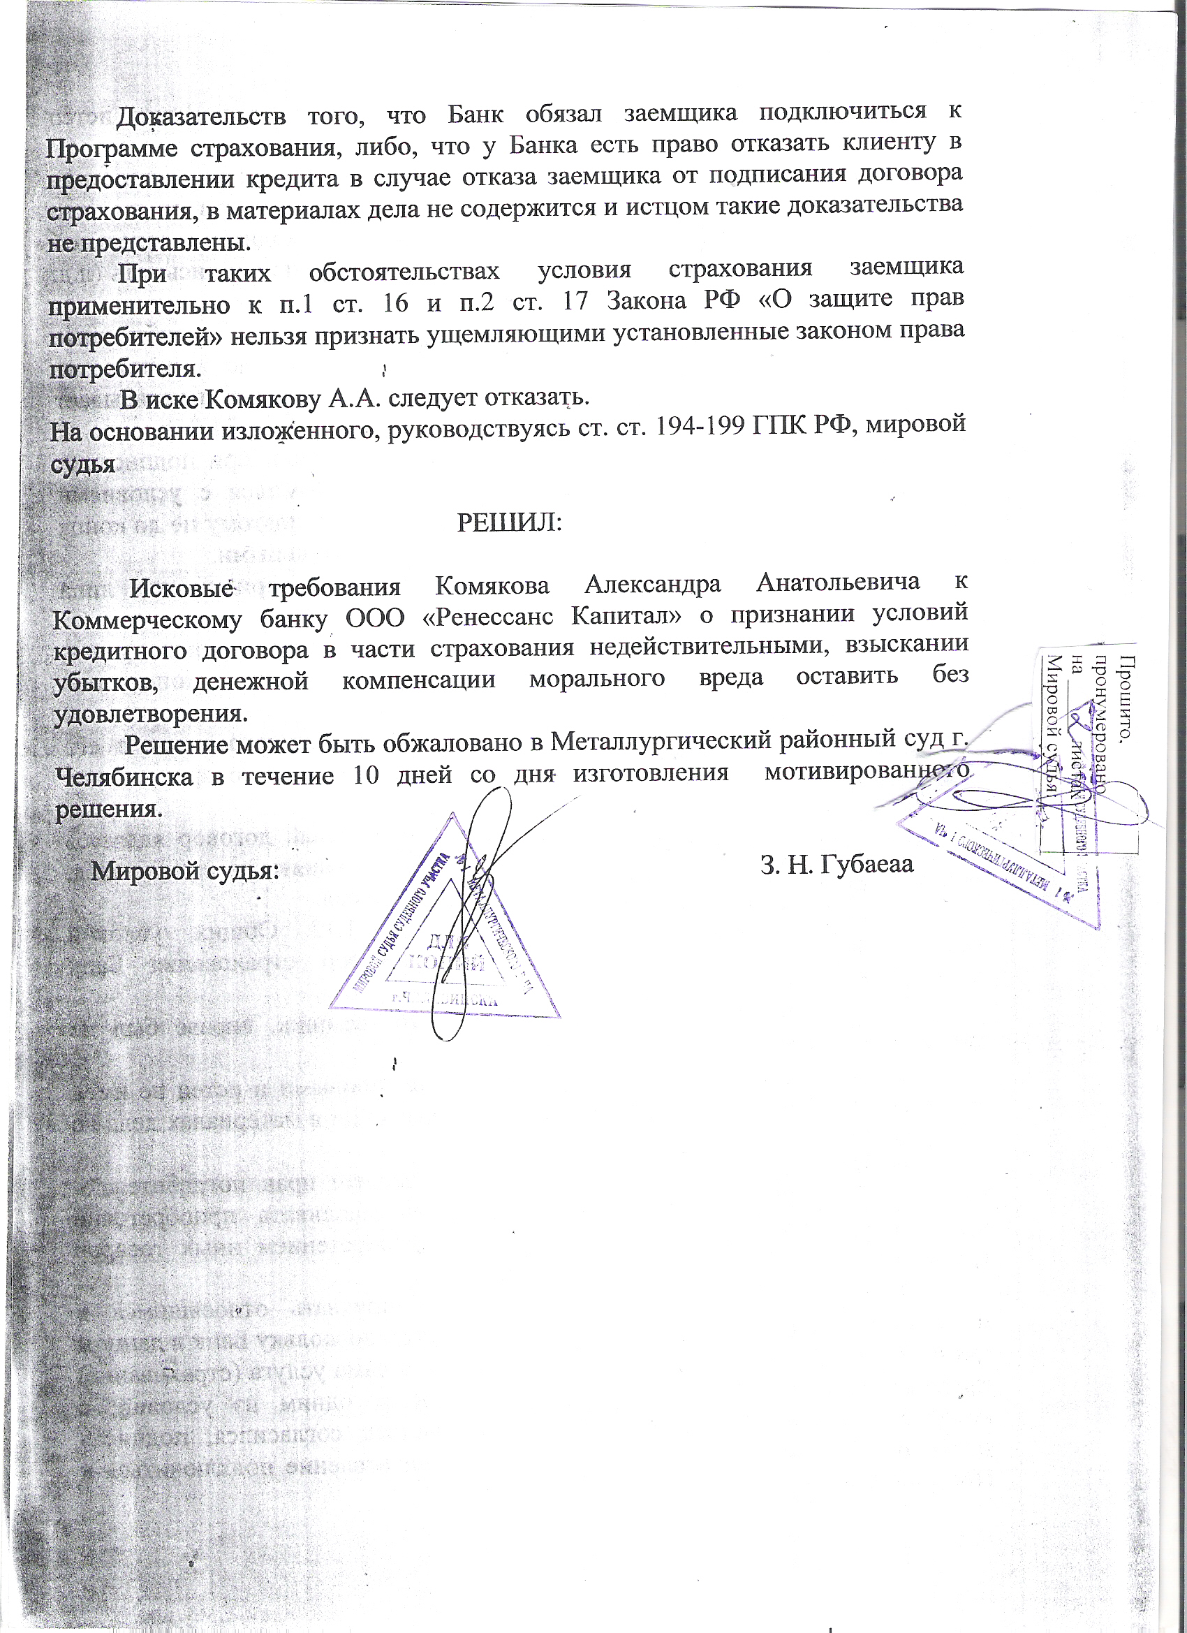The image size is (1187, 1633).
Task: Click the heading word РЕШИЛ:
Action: [509, 522]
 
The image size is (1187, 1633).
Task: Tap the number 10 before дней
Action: [365, 776]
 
